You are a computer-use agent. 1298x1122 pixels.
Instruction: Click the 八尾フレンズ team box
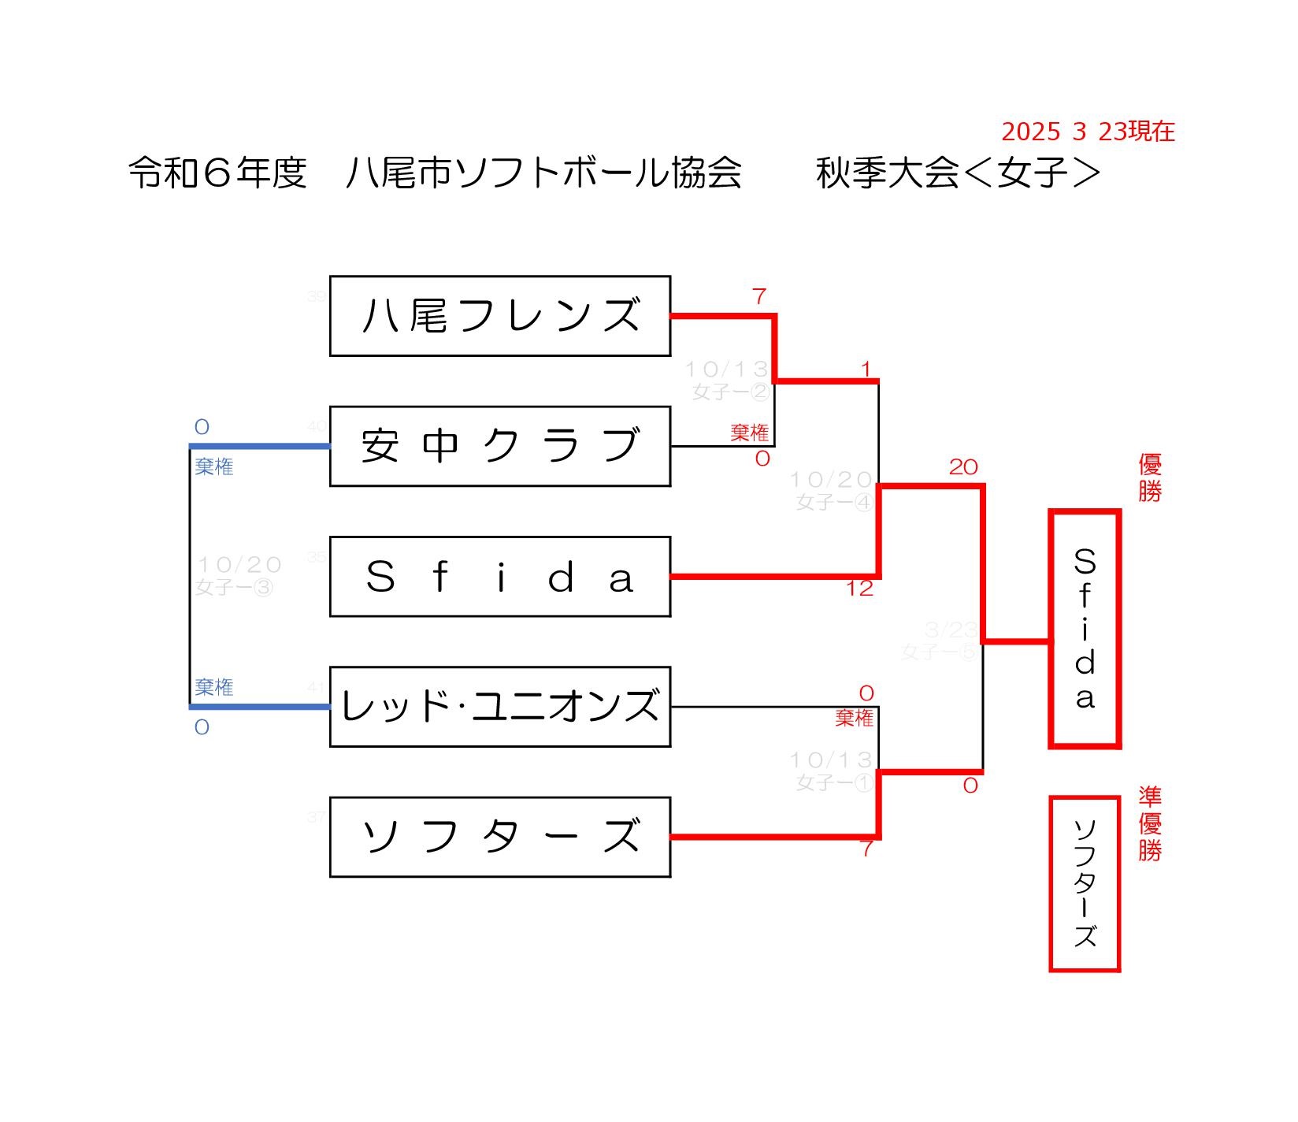point(499,316)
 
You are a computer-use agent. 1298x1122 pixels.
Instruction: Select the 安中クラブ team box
point(499,446)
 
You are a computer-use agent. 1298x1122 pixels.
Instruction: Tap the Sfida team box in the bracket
point(499,577)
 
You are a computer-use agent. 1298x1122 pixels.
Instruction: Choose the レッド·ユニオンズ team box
point(499,707)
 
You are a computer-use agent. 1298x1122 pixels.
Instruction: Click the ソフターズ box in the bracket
point(499,837)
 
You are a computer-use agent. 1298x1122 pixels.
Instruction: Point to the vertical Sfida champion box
point(1085,628)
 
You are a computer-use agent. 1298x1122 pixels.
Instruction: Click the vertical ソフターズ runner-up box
point(1085,883)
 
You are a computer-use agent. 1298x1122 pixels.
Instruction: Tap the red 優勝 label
point(1149,477)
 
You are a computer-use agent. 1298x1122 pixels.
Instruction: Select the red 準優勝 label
point(1149,824)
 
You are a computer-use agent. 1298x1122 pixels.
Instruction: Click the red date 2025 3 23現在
point(1088,132)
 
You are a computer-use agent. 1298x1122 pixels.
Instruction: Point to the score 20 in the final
point(962,467)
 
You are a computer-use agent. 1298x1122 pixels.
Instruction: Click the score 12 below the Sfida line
point(859,589)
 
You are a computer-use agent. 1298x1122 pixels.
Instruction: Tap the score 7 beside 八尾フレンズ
point(758,297)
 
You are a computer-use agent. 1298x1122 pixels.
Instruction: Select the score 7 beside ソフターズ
point(866,849)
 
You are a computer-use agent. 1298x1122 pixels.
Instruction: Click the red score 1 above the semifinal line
point(866,369)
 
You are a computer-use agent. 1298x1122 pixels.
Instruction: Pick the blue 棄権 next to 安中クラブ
point(214,467)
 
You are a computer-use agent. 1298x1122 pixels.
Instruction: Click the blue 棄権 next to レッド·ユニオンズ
point(214,687)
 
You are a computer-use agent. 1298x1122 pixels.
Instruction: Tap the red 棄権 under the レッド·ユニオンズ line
point(855,718)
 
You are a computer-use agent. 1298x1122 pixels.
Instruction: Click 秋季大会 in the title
point(888,173)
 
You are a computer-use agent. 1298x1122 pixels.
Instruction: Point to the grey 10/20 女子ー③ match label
point(237,575)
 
